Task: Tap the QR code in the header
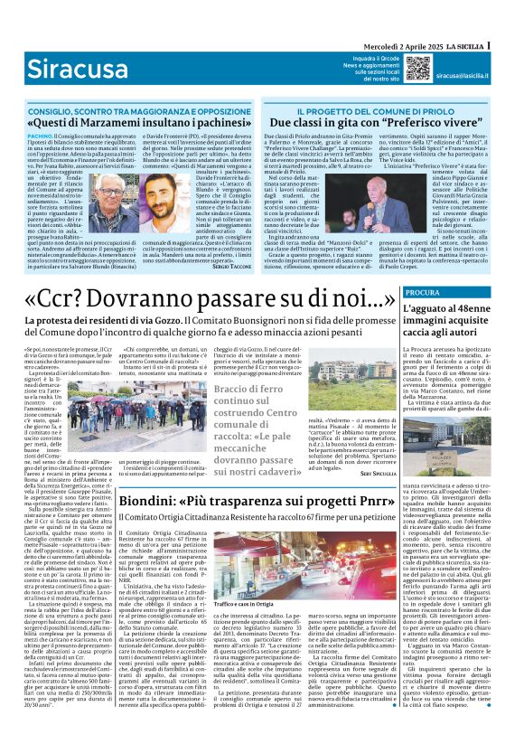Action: (x=417, y=68)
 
